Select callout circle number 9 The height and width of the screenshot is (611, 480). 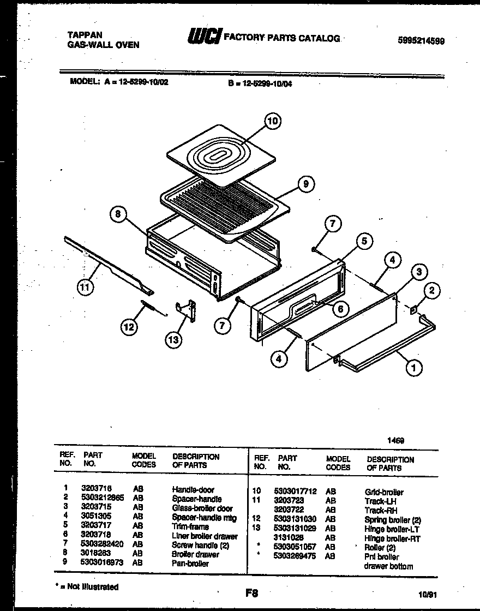point(306,185)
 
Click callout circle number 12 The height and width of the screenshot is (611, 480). point(129,327)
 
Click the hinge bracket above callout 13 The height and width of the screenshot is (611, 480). point(187,310)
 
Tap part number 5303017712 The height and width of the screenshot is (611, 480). point(296,492)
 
